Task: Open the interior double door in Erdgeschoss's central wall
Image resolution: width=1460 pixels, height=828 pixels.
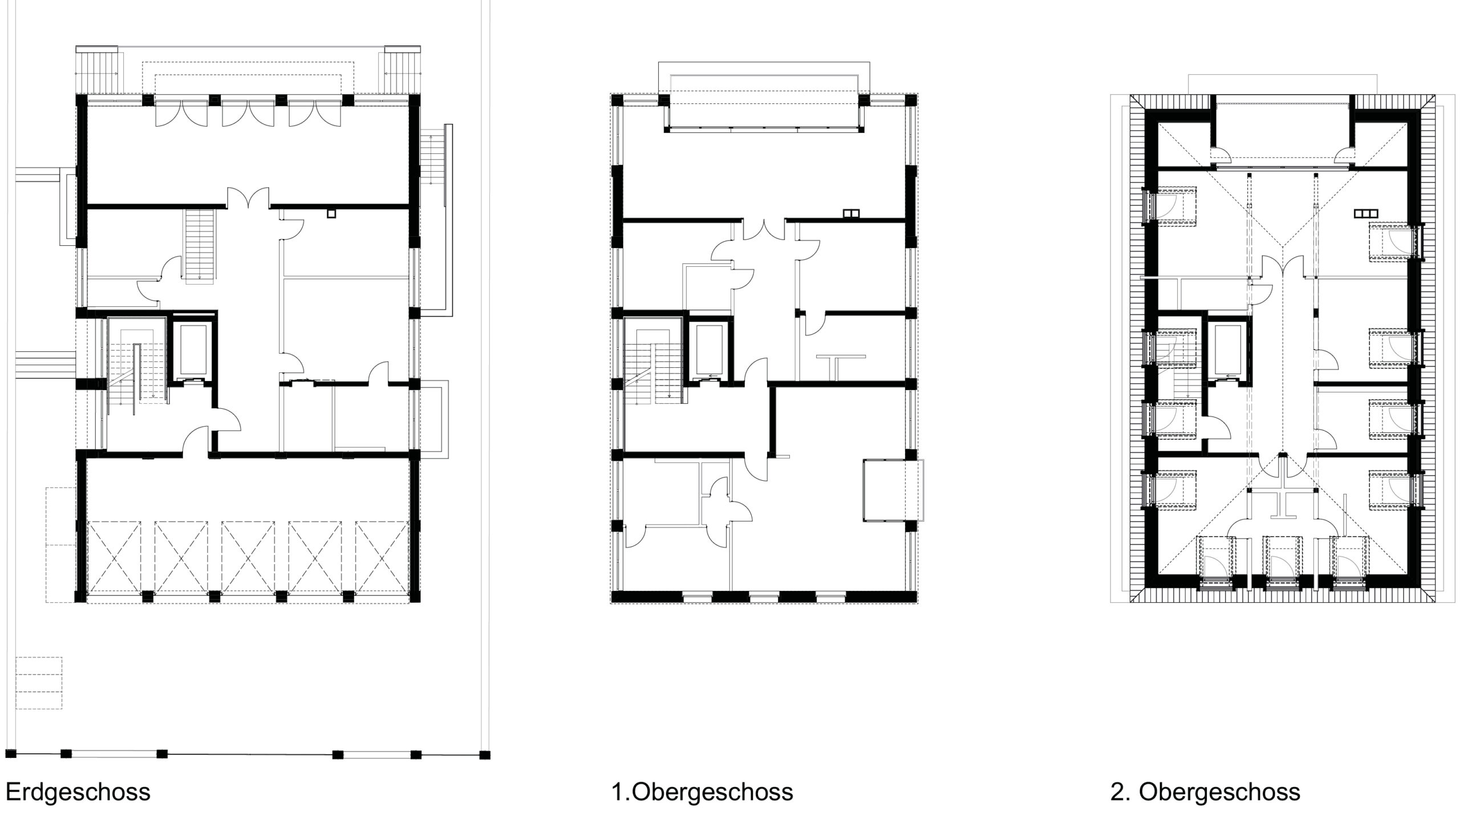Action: pyautogui.click(x=248, y=198)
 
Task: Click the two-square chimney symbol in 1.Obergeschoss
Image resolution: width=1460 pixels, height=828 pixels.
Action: pyautogui.click(x=850, y=214)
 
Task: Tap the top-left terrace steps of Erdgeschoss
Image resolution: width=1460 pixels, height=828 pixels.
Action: pyautogui.click(x=98, y=72)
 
